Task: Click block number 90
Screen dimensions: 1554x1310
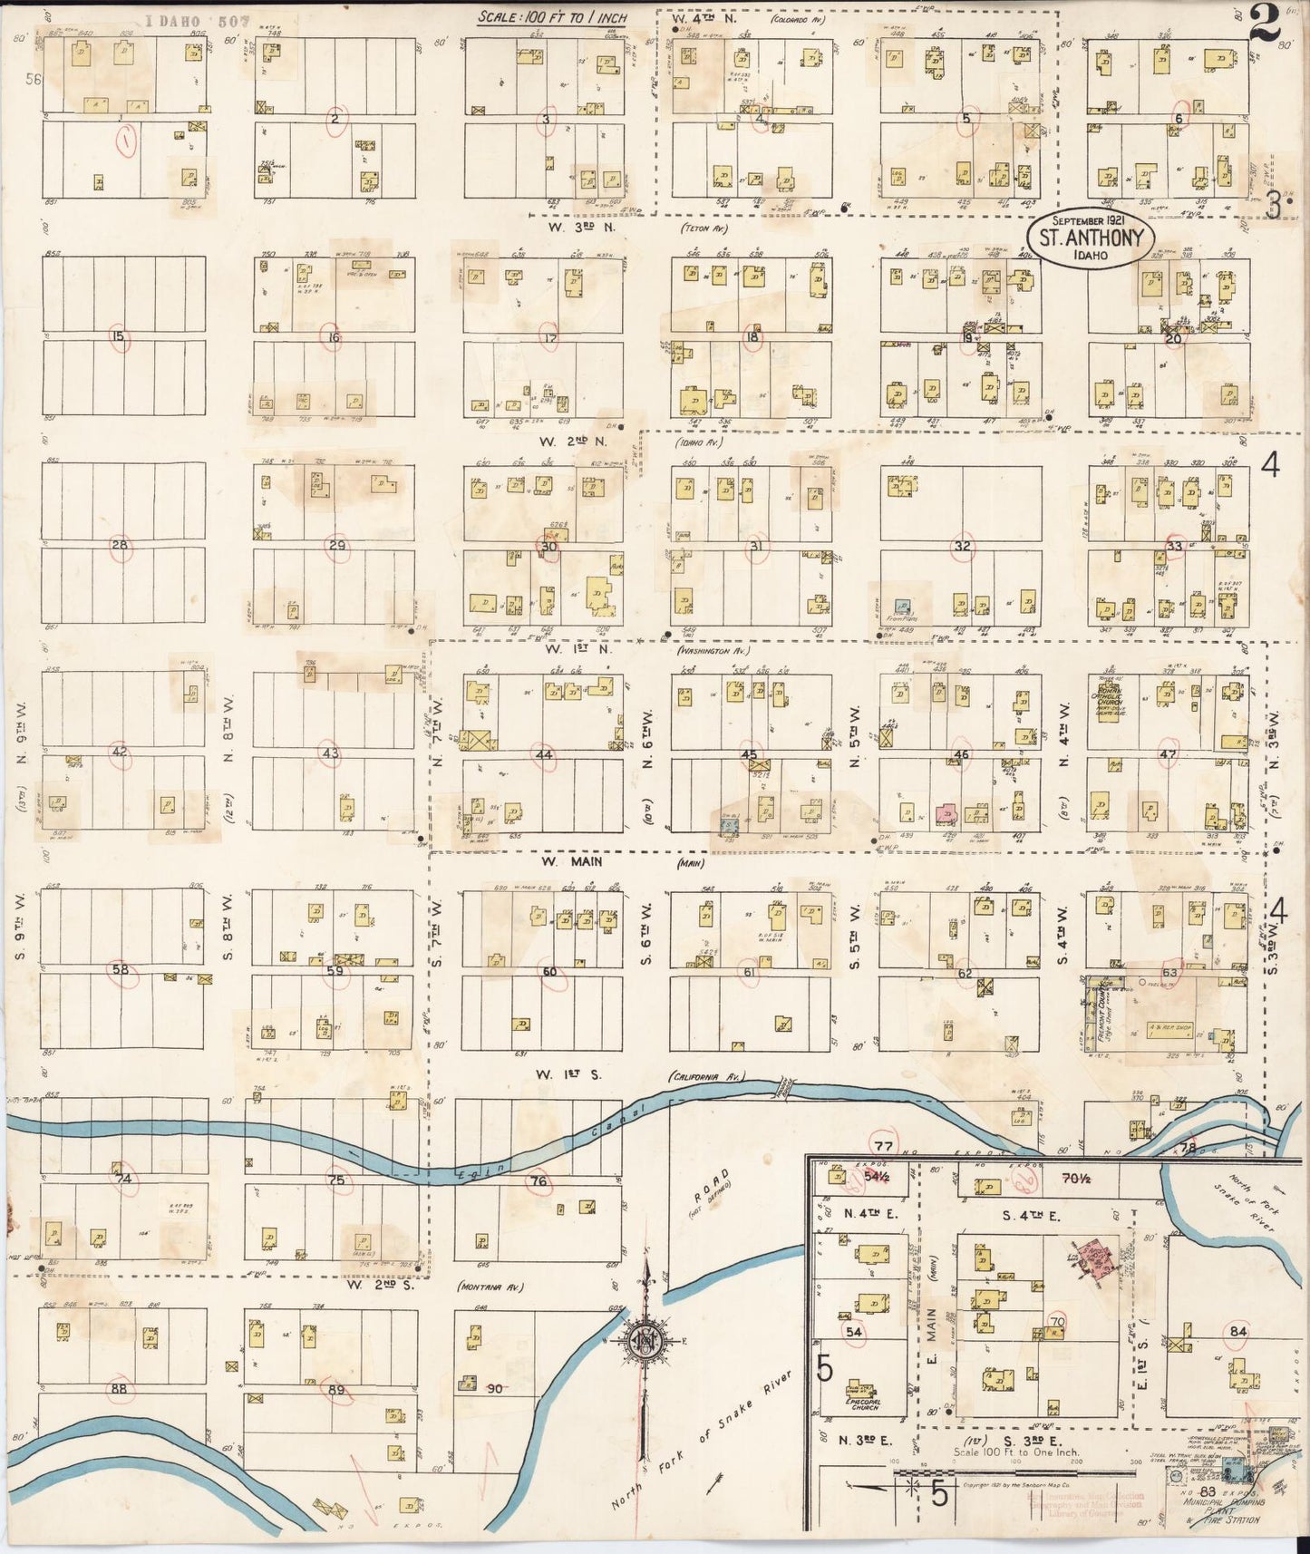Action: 495,1388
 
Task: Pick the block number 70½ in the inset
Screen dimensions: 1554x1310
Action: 1075,1180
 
